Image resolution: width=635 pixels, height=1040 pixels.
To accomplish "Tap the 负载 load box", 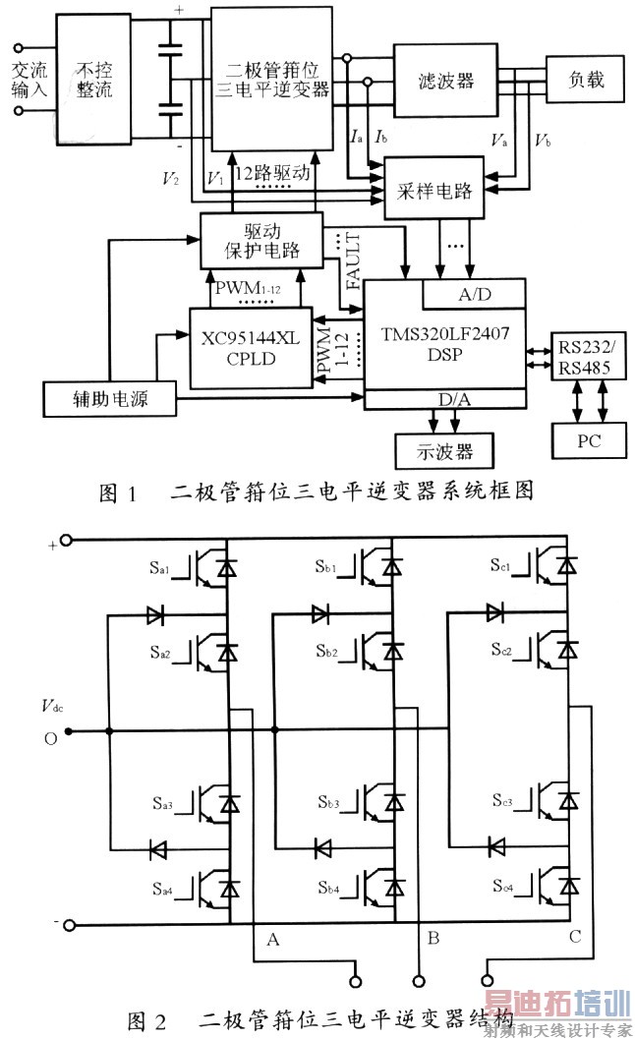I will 585,79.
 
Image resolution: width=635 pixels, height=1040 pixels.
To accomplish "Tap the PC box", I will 588,441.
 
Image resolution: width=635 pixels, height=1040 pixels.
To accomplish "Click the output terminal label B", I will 433,940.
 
